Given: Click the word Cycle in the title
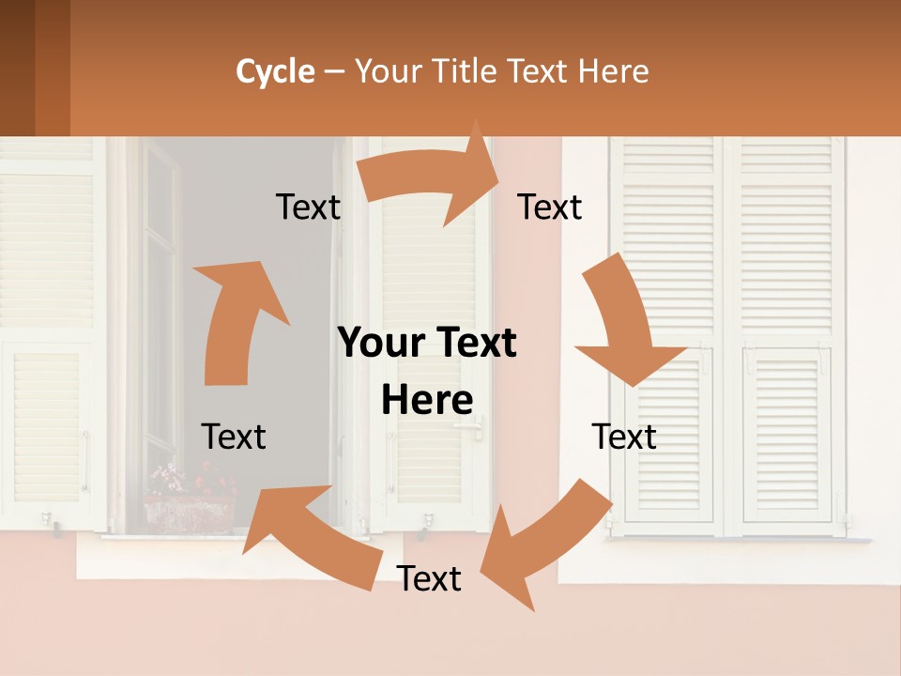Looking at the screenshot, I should coord(275,71).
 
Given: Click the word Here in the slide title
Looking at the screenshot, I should coord(615,71).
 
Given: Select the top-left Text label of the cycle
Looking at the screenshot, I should coord(308,207).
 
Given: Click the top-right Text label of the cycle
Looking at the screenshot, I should coord(550,207).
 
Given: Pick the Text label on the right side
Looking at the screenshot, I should coord(624,437).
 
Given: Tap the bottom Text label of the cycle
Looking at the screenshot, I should coord(429,578).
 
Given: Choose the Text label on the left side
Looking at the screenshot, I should coord(234,437).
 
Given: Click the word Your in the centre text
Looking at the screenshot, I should coord(383,343).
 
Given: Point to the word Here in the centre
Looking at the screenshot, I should coord(427,401).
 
